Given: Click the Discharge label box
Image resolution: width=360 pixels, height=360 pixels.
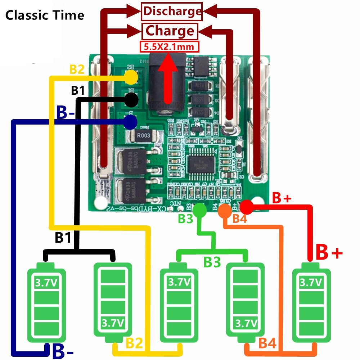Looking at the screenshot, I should click(x=172, y=11).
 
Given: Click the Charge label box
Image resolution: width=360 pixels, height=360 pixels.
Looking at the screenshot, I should click(x=170, y=31).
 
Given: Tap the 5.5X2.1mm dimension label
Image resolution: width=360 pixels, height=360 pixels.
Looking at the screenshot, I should click(x=169, y=47).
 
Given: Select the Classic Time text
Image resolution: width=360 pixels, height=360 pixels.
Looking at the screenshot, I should click(x=45, y=15).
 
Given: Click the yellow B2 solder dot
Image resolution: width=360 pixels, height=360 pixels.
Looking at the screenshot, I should click(x=131, y=77).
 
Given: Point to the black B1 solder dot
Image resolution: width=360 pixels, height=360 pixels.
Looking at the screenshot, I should click(x=131, y=99).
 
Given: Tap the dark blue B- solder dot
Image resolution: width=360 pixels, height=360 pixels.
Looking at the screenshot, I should click(x=130, y=122).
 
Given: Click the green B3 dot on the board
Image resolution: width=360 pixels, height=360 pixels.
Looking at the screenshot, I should click(x=200, y=209).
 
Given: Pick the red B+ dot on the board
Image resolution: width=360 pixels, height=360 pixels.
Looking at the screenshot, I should click(x=247, y=207).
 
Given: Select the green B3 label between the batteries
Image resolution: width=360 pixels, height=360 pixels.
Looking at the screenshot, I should click(x=212, y=262).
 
